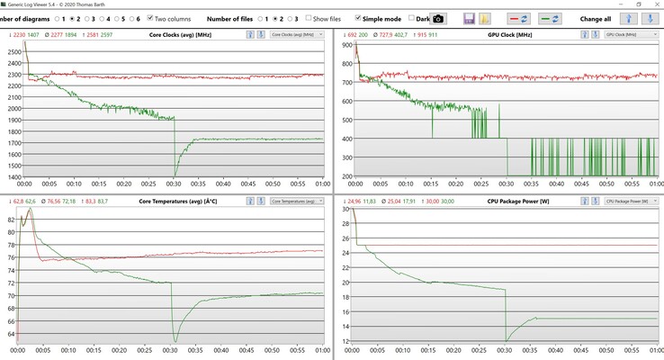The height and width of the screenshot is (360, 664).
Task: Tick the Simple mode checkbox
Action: (x=360, y=18)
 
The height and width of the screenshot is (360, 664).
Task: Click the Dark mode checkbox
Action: (x=412, y=18)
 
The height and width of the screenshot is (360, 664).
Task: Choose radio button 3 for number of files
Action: (x=286, y=18)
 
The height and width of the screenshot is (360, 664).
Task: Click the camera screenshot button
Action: (x=438, y=18)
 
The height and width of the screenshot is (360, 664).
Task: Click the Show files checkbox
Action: (x=308, y=18)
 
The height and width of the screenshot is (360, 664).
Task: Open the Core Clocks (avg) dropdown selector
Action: (x=296, y=34)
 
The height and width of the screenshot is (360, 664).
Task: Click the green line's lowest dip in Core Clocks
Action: (x=175, y=176)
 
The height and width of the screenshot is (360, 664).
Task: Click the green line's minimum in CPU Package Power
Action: (x=506, y=339)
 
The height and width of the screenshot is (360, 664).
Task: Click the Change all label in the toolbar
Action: (x=596, y=18)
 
